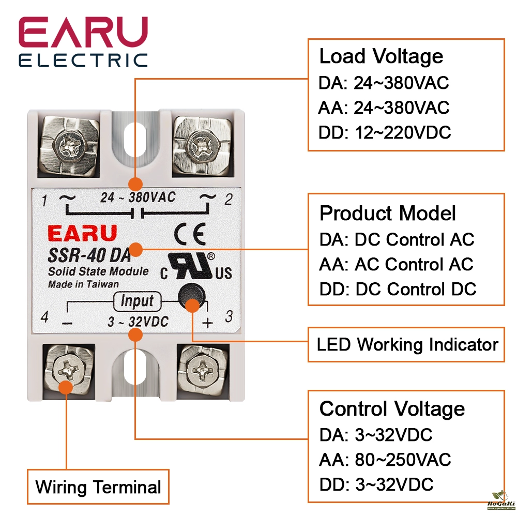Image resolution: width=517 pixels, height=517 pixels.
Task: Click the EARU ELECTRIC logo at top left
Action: tap(83, 42)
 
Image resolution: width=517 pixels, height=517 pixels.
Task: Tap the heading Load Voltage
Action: tap(381, 56)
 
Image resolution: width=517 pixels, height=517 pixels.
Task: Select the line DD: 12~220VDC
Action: tap(385, 133)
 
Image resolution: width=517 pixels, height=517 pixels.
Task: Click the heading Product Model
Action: tap(388, 213)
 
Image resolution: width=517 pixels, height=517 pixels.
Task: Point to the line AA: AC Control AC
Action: tap(396, 264)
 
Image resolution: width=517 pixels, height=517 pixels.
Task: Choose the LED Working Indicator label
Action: tap(407, 344)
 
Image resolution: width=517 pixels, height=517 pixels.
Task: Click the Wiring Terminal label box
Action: tap(98, 487)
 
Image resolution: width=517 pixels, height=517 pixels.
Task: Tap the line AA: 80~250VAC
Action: tap(385, 460)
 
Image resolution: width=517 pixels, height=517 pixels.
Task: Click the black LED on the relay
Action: tap(190, 296)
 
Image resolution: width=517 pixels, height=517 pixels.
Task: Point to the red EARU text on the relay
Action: tap(83, 234)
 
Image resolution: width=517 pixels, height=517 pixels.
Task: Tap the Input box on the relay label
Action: tap(137, 301)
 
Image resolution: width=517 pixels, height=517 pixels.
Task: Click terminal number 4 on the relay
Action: tap(44, 316)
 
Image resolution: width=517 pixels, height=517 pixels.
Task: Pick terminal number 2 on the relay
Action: tap(228, 200)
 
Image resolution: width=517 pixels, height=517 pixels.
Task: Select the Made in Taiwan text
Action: tap(83, 284)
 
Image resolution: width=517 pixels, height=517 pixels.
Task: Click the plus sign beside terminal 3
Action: tap(207, 323)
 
